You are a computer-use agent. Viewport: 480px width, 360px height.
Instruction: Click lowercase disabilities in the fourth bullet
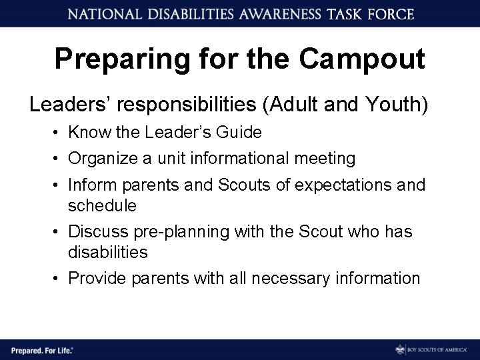coord(107,253)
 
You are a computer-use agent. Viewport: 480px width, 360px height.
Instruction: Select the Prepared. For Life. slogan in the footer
coord(41,349)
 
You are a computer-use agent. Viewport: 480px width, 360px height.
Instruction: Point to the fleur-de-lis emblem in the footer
coord(399,349)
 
